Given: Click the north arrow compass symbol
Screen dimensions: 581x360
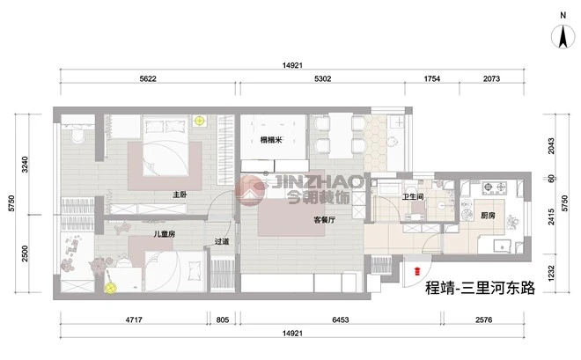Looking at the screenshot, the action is [563, 37].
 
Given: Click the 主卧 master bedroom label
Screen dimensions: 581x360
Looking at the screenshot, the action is [180, 195].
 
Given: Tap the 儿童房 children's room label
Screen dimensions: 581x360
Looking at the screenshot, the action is [165, 234].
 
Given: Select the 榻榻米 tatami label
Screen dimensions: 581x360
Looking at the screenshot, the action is [271, 140].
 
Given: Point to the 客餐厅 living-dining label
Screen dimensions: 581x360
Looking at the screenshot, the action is [325, 220].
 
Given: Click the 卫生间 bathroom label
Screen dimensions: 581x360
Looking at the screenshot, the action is [413, 197].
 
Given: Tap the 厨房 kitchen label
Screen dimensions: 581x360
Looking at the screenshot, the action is [488, 215].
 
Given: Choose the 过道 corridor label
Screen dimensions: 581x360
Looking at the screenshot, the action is [222, 241].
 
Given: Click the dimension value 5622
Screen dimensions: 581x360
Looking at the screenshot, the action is [148, 78].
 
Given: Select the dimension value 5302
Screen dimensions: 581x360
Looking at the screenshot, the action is [323, 78].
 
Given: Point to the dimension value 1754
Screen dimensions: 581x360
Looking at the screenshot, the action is [432, 78].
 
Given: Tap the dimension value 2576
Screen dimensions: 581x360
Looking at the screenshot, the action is [484, 320].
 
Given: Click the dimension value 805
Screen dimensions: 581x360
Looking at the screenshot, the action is [223, 320].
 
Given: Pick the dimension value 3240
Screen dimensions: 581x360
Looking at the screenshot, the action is [25, 165].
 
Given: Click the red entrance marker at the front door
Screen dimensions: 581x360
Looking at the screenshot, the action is [417, 271].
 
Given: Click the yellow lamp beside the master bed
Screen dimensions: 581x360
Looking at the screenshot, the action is [199, 121].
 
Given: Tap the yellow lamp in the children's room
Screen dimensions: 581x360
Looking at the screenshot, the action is [110, 288].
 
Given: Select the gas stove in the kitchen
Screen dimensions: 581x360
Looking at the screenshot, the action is [495, 187].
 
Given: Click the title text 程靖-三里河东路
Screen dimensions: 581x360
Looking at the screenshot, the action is [481, 288].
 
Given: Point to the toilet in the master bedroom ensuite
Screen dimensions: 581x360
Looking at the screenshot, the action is [77, 135].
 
